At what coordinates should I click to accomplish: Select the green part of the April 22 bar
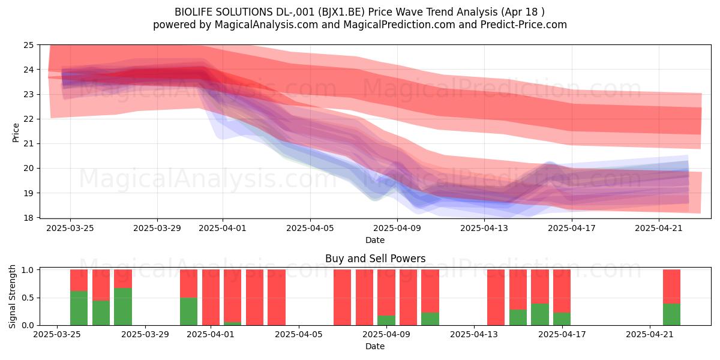coord(671,314)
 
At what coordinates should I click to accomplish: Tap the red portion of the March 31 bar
coord(188,283)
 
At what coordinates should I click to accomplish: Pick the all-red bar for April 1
coord(211,298)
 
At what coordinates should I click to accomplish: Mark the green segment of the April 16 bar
coord(539,314)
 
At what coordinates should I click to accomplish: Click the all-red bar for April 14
coord(496,298)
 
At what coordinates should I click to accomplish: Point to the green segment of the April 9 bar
coord(386,320)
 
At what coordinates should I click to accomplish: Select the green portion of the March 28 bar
coord(123,307)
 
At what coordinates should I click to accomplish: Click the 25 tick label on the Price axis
coord(28,45)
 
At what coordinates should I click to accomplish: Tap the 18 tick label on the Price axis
coord(28,218)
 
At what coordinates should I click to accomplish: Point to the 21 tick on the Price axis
coord(28,143)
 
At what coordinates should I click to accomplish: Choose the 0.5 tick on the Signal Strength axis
coord(28,298)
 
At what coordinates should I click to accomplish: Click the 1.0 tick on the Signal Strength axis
coord(28,270)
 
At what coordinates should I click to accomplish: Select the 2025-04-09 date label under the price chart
coord(397,228)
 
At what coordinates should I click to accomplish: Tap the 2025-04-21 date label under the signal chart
coord(650,335)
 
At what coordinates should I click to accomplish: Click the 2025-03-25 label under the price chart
coord(70,228)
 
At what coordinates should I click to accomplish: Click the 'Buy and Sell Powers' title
coord(375,259)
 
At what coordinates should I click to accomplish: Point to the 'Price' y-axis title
coord(16,133)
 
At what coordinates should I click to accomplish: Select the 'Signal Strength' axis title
coord(12,296)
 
